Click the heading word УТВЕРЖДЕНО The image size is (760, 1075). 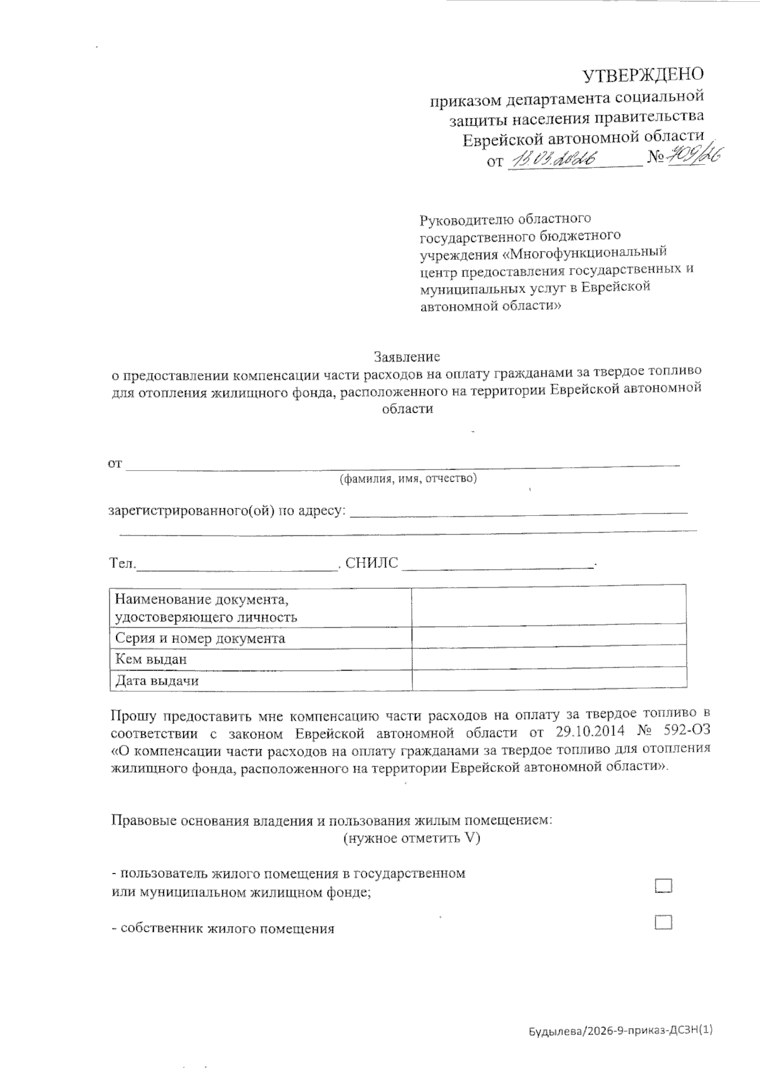(643, 75)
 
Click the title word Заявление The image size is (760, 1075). (407, 356)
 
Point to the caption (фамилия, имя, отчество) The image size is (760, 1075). (408, 479)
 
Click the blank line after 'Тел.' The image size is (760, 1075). (237, 564)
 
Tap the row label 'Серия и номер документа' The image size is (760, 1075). (200, 638)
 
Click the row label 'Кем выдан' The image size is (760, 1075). (151, 659)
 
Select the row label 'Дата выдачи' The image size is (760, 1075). (157, 681)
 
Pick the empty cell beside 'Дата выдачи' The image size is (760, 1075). (548, 679)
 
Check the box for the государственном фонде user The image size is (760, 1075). (663, 885)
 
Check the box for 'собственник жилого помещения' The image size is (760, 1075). (663, 922)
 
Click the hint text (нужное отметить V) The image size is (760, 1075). (412, 839)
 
